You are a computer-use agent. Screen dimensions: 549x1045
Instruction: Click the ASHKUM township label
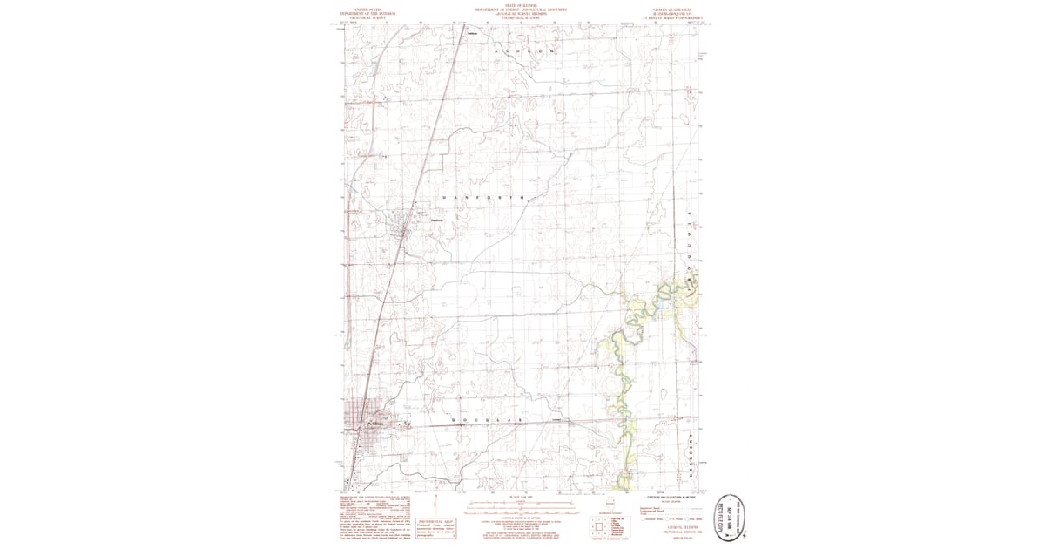(x=523, y=53)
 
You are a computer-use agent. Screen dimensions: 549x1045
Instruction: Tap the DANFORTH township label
(x=484, y=199)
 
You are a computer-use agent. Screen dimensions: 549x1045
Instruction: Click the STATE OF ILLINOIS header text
(x=521, y=6)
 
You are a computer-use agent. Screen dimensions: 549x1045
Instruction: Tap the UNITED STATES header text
(x=367, y=7)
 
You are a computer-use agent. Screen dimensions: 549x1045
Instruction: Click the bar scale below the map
(x=521, y=505)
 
